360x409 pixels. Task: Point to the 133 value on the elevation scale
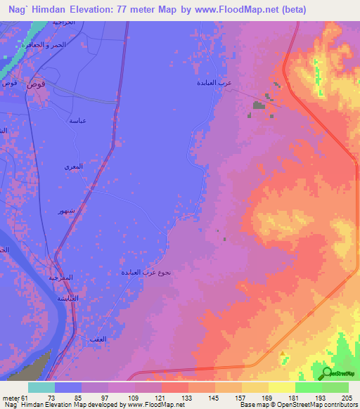pyautogui.click(x=188, y=398)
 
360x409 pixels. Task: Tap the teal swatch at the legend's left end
pyautogui.click(x=41, y=387)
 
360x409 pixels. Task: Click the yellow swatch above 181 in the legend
pyautogui.click(x=281, y=387)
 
